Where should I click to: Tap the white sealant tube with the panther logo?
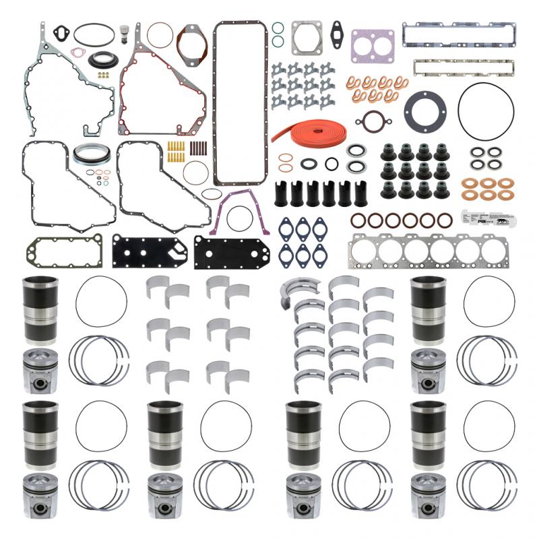click(480, 220)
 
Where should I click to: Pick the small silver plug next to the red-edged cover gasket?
click(124, 34)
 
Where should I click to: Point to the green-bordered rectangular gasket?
click(65, 251)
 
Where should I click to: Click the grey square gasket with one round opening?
click(307, 38)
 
